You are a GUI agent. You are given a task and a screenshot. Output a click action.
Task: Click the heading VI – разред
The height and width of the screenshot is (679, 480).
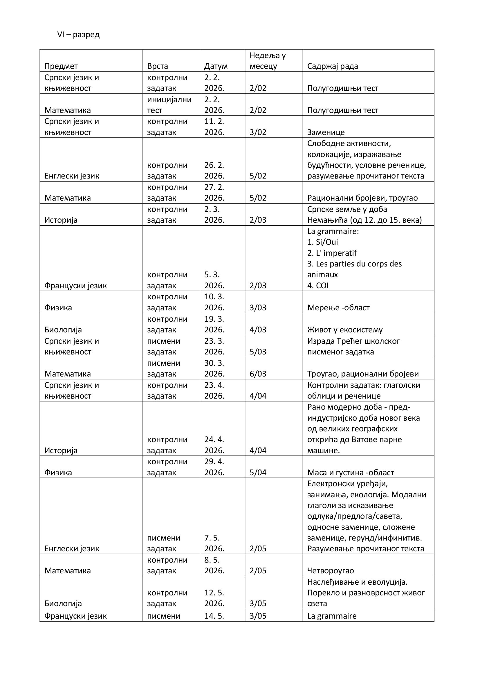click(x=78, y=35)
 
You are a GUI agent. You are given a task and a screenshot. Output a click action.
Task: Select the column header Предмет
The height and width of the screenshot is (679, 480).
click(x=61, y=66)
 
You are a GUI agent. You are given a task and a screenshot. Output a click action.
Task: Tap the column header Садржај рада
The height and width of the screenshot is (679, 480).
click(x=333, y=66)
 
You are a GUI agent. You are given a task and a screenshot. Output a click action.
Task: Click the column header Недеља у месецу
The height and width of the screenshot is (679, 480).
click(x=268, y=61)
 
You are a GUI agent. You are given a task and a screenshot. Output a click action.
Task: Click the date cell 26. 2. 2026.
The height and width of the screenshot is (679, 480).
click(x=214, y=170)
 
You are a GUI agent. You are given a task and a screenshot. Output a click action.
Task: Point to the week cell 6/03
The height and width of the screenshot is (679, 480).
click(x=258, y=374)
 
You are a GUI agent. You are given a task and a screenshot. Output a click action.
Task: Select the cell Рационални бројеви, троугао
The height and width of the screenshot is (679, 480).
click(x=362, y=198)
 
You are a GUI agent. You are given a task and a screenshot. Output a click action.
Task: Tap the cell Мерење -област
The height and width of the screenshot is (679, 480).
click(x=338, y=307)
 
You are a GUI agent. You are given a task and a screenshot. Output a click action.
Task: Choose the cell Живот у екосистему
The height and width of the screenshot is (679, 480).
click(x=345, y=329)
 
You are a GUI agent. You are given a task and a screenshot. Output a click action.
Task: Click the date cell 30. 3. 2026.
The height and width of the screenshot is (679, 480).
click(x=214, y=368)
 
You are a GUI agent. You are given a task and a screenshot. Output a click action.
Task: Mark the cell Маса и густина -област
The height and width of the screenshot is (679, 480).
click(x=350, y=472)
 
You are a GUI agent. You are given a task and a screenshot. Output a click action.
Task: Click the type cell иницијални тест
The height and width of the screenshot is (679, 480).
click(x=169, y=105)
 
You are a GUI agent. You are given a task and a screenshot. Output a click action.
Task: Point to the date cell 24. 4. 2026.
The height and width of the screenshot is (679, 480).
click(x=214, y=445)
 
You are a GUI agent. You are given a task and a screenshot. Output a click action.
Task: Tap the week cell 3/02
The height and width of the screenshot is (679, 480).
click(x=258, y=132)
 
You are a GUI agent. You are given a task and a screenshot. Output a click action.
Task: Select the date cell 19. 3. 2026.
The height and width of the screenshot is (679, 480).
click(x=214, y=324)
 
